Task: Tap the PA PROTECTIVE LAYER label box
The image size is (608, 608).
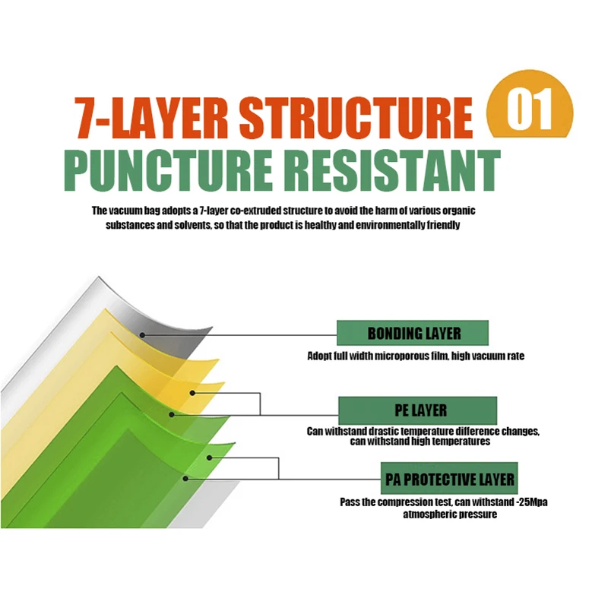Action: pos(449,480)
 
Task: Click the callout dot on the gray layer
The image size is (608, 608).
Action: pos(141,333)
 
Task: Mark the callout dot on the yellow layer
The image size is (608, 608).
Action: pos(193,393)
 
